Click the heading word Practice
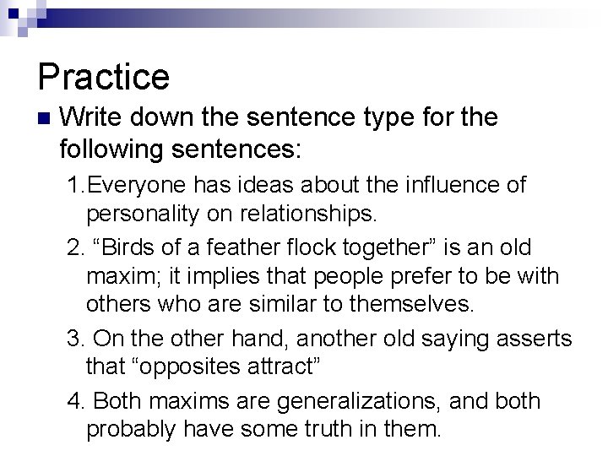click(103, 76)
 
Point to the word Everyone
click(144, 184)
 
